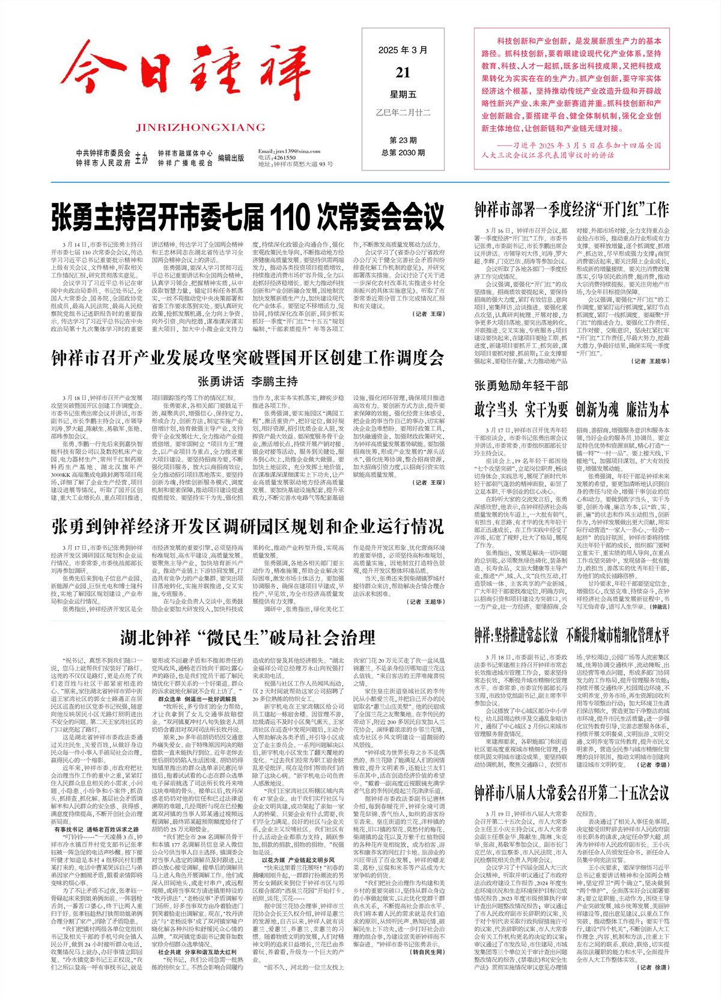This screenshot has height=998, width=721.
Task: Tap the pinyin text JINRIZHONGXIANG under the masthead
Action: (x=200, y=127)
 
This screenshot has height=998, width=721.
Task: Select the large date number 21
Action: (x=403, y=72)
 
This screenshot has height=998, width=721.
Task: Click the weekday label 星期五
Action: (x=403, y=94)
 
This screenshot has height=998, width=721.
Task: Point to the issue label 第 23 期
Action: (x=403, y=141)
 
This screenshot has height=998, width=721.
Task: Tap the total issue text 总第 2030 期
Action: (x=403, y=153)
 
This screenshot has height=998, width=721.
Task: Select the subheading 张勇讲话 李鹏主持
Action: (x=248, y=381)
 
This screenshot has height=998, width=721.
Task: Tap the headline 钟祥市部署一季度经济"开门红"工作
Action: (x=571, y=210)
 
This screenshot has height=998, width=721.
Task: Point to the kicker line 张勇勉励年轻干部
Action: (x=521, y=385)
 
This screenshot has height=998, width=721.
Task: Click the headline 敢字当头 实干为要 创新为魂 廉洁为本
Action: (x=571, y=410)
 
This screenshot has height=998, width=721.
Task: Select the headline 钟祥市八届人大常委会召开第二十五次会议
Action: (x=571, y=792)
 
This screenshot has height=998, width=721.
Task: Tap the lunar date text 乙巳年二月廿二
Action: (x=403, y=112)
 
